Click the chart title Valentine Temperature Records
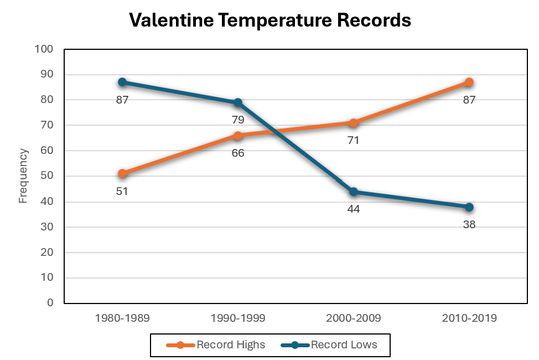tap(269, 20)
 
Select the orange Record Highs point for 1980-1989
tap(122, 173)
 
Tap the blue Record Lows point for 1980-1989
tap(122, 82)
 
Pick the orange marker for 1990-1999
tap(238, 136)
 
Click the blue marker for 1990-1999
tap(238, 102)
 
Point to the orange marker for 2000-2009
tap(353, 123)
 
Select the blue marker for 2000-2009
tap(353, 192)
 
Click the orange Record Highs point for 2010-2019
tap(469, 82)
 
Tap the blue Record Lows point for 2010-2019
tap(469, 207)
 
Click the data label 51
tap(122, 191)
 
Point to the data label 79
tap(238, 120)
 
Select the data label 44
tap(353, 209)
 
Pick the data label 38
tap(469, 225)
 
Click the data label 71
tap(353, 141)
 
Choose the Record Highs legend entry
tap(216, 345)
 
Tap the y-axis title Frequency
tap(23, 176)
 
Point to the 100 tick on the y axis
tap(44, 49)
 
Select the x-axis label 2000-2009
tap(353, 318)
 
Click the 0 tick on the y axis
tap(50, 304)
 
